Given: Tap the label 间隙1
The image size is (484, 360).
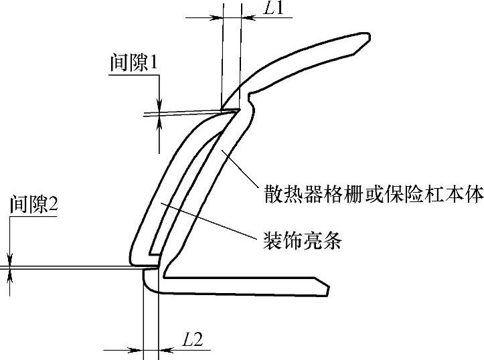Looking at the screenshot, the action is pyautogui.click(x=133, y=64).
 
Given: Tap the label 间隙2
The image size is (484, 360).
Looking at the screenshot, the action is pyautogui.click(x=34, y=205).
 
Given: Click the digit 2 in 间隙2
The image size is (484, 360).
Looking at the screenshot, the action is pyautogui.click(x=54, y=205).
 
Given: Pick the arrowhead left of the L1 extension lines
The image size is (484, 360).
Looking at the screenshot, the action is pyautogui.click(x=216, y=17).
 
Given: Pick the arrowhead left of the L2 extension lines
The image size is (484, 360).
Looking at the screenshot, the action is pyautogui.click(x=138, y=349).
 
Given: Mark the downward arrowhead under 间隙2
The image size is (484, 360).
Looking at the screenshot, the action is pyautogui.click(x=10, y=262).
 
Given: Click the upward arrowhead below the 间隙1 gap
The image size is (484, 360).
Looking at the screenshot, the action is pyautogui.click(x=159, y=120).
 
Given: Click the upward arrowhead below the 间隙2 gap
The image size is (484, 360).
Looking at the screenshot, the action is pyautogui.click(x=10, y=275).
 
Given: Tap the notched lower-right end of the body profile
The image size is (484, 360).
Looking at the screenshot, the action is pyautogui.click(x=324, y=288).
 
